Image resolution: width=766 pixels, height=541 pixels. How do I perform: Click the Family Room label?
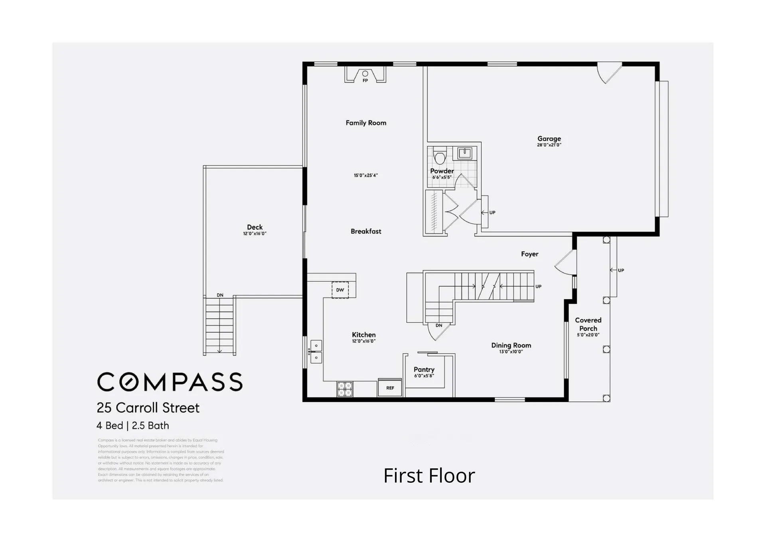click(366, 123)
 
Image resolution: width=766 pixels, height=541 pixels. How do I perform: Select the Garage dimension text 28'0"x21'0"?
click(549, 145)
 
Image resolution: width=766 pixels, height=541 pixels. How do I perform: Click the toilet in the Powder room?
click(440, 157)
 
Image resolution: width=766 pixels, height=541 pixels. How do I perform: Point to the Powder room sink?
click(465, 153)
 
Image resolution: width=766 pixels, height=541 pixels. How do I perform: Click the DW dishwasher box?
click(340, 290)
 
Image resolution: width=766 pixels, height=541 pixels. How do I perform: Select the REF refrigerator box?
click(390, 388)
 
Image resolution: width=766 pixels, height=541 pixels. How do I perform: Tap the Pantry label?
click(424, 369)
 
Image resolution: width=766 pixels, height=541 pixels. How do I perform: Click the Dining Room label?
click(511, 345)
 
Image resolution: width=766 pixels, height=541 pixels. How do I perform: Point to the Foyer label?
click(529, 254)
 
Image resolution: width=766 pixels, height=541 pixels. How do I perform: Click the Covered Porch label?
click(588, 324)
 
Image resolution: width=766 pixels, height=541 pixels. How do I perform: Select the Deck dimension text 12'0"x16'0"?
click(255, 234)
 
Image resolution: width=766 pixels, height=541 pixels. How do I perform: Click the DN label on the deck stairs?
click(220, 295)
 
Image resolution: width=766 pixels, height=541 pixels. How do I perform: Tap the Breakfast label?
click(366, 231)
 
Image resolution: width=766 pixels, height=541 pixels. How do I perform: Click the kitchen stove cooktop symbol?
click(345, 389)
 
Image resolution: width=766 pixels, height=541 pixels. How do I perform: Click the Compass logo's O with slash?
click(129, 382)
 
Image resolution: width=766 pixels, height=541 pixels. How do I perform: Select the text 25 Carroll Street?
click(148, 408)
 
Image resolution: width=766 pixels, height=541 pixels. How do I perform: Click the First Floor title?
click(429, 476)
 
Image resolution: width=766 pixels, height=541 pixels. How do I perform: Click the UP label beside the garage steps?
click(492, 213)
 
